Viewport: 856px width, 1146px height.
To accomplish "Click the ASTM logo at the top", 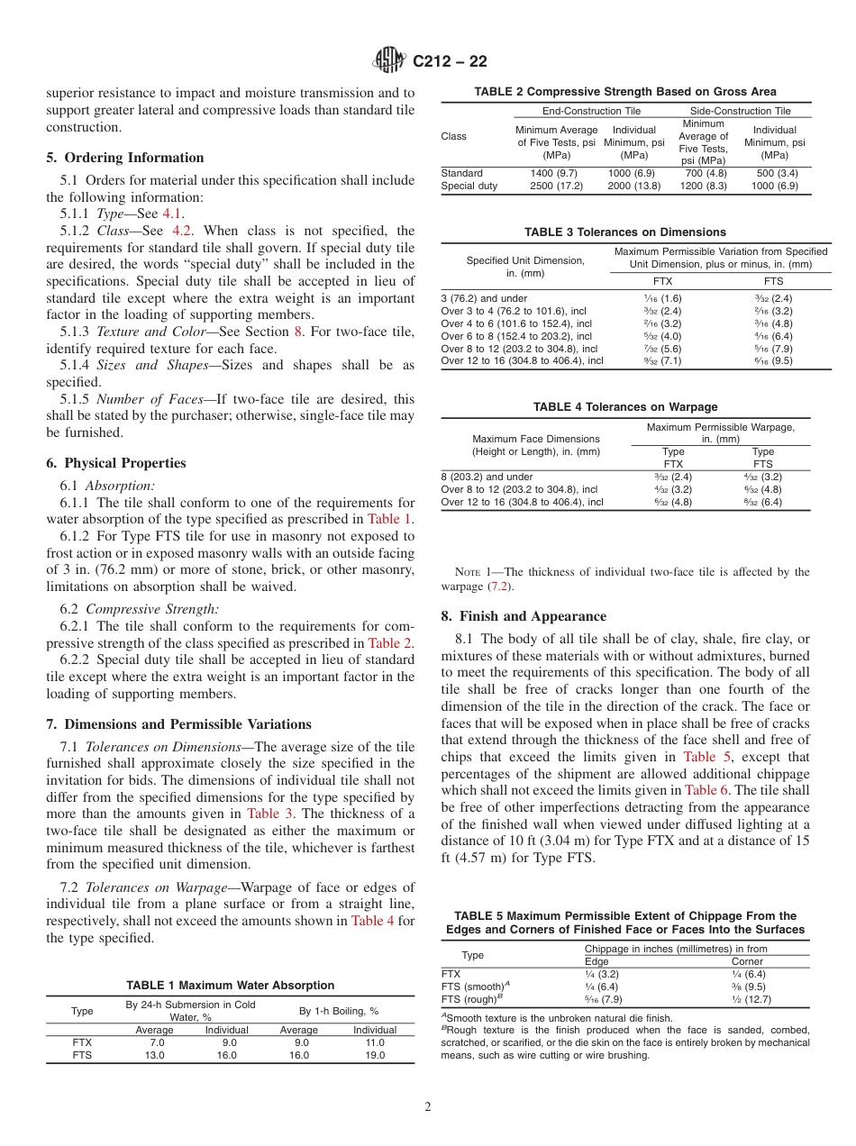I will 390,61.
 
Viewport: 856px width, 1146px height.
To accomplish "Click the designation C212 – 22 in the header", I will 450,61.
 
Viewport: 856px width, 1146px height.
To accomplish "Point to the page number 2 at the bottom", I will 428,1107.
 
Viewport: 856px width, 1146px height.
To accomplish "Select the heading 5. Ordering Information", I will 124,158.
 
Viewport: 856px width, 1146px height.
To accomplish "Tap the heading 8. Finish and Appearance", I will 524,617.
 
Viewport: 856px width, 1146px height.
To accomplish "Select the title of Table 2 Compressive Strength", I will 624,91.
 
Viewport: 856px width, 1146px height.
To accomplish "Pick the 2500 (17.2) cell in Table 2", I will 556,186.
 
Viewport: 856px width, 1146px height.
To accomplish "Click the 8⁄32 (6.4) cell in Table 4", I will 762,502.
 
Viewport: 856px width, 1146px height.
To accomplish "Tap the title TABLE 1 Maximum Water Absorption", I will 230,986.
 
